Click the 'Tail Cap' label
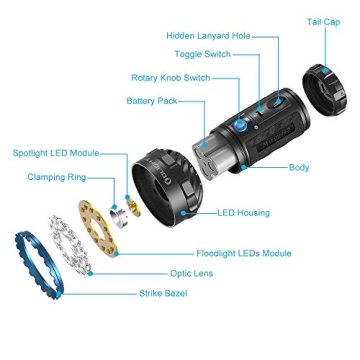click(323, 22)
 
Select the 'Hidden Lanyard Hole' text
click(208, 35)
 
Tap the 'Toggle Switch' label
click(202, 54)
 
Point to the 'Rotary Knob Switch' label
click(170, 77)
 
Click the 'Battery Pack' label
click(152, 100)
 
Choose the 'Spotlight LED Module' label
click(56, 153)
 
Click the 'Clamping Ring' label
click(57, 177)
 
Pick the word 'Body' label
click(298, 168)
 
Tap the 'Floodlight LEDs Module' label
click(243, 254)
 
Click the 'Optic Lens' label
click(191, 272)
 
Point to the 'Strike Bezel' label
click(163, 293)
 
